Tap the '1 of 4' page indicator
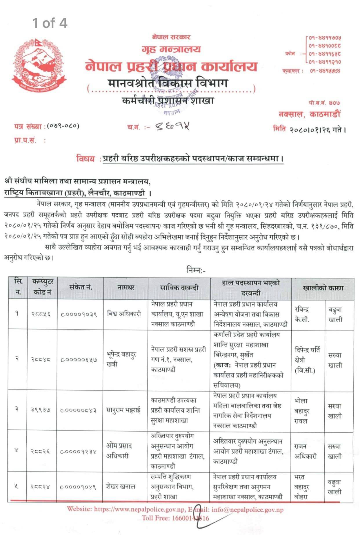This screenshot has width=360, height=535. pyautogui.click(x=50, y=23)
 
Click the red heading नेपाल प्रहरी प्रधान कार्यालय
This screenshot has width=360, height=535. pyautogui.click(x=171, y=66)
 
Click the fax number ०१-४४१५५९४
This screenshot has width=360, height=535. pyautogui.click(x=325, y=70)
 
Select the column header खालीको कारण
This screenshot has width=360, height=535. pyautogui.click(x=323, y=288)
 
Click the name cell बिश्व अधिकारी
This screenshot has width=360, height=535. pyautogui.click(x=124, y=314)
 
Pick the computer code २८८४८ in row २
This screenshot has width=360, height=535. pyautogui.click(x=41, y=359)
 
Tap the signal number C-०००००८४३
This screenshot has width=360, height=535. pyautogui.click(x=79, y=410)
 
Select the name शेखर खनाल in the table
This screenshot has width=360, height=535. pyautogui.click(x=120, y=486)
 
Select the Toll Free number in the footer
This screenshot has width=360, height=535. pyautogui.click(x=175, y=518)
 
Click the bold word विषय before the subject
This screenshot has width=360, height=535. pyautogui.click(x=86, y=159)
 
